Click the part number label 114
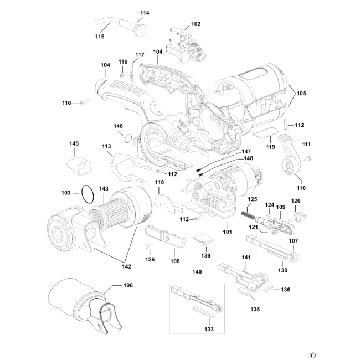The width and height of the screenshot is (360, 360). coord(145,13)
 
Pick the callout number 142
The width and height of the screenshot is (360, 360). coord(126,266)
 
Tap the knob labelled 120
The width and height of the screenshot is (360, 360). coord(299,217)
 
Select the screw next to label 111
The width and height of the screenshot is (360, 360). coord(307,158)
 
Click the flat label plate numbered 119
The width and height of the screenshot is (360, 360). coord(265,133)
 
